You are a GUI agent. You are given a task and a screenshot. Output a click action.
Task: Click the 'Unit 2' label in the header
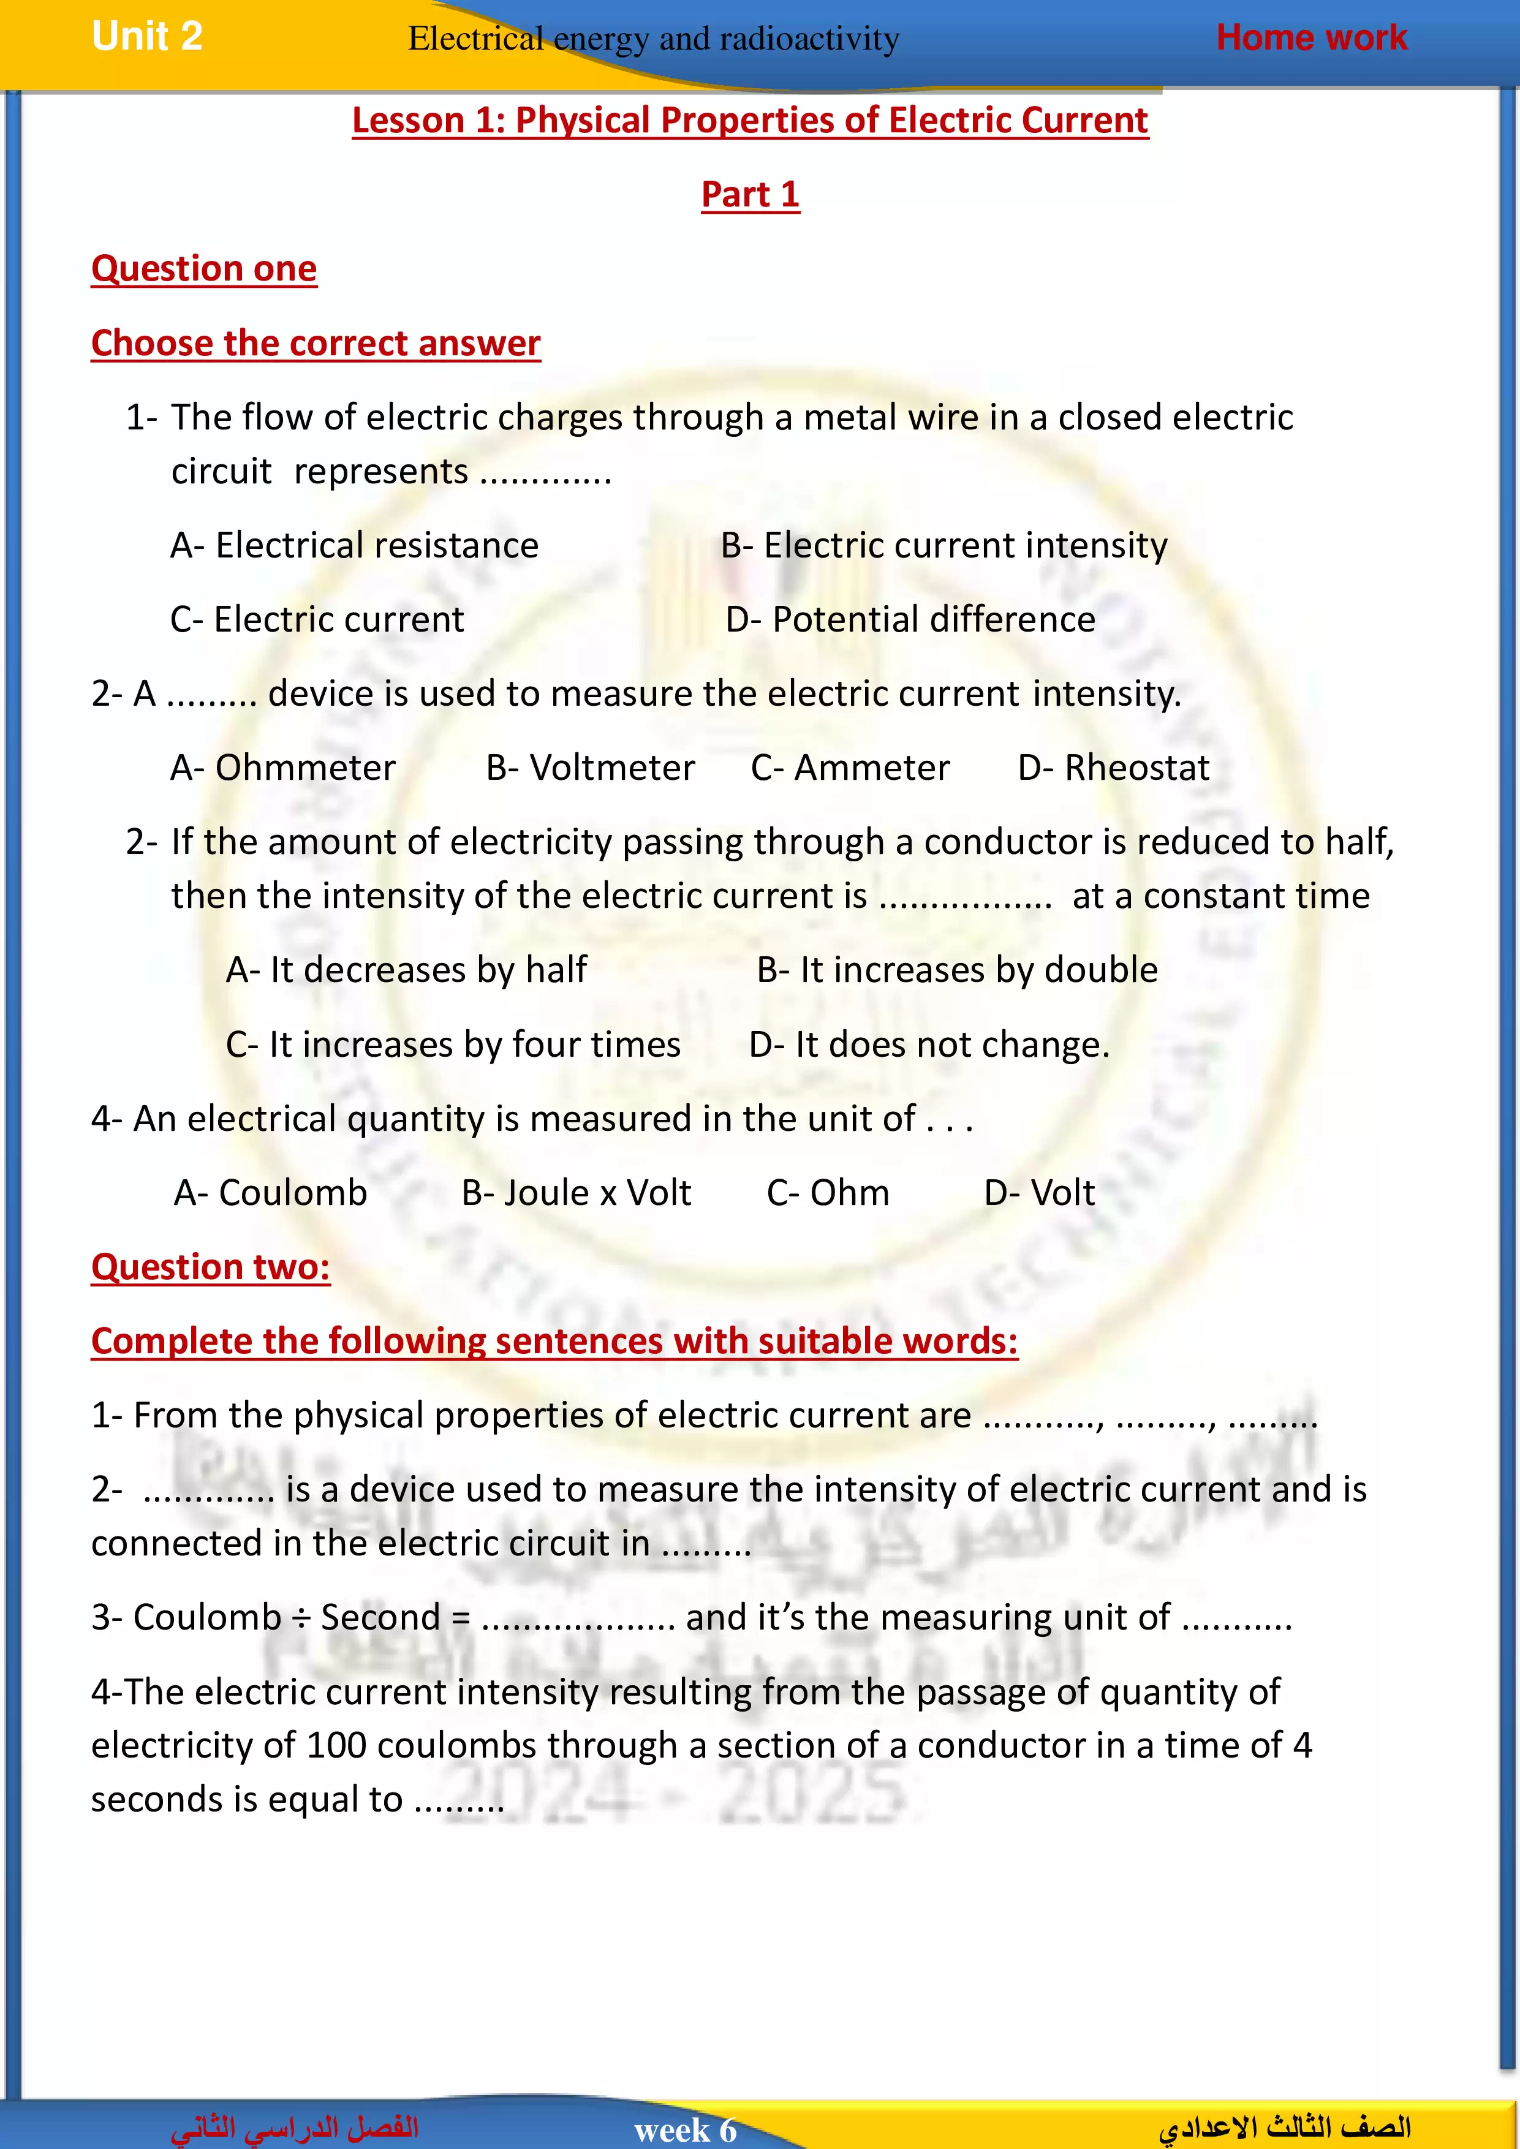click(147, 37)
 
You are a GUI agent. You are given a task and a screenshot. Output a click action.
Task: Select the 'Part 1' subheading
click(750, 195)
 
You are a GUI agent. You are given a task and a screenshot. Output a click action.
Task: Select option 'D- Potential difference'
click(910, 619)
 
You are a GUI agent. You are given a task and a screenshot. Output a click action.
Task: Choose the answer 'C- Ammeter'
click(850, 768)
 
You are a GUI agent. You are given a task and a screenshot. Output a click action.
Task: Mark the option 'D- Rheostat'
click(1113, 768)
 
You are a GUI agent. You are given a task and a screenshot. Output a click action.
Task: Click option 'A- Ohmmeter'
click(282, 768)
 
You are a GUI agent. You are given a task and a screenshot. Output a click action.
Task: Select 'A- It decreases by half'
click(406, 970)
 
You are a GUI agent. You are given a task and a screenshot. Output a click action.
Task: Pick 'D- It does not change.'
click(928, 1044)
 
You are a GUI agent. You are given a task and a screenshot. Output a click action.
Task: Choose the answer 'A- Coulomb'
click(271, 1193)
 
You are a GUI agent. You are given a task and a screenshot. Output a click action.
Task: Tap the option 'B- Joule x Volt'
click(576, 1193)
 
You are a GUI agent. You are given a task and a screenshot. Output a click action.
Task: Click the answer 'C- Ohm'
click(827, 1193)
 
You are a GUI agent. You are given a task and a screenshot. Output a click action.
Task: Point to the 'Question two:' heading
click(211, 1267)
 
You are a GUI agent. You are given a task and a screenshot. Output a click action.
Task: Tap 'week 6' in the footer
click(685, 2130)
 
